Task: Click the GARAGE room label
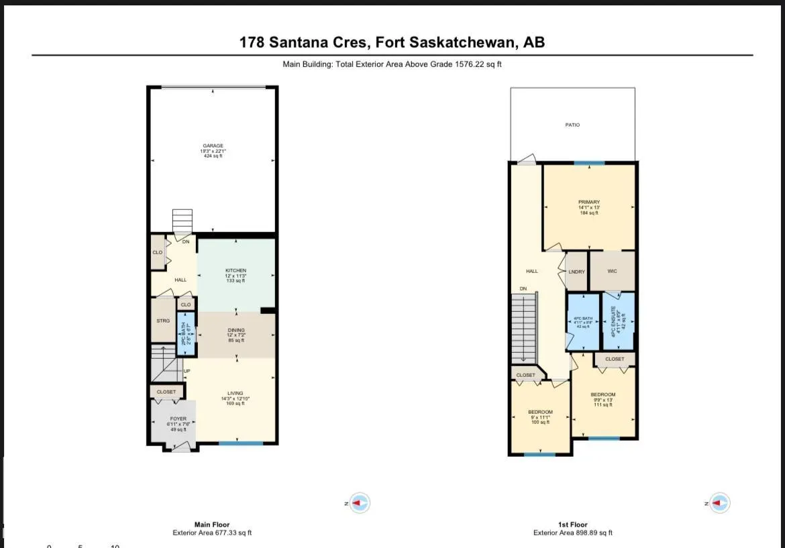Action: click(213, 146)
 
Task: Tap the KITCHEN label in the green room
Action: click(235, 271)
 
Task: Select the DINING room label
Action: click(235, 331)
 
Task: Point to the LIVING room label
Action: click(235, 394)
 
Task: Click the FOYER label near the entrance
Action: click(178, 419)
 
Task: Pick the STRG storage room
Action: click(162, 321)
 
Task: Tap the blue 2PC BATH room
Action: click(185, 334)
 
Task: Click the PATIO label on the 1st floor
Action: click(572, 125)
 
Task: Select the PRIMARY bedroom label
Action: click(588, 203)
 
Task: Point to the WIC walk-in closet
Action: click(611, 272)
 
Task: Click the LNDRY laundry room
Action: click(576, 272)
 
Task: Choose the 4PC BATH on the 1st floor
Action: click(582, 321)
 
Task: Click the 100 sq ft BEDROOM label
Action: click(540, 412)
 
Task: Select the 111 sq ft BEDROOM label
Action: click(603, 395)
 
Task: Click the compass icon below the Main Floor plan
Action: click(360, 502)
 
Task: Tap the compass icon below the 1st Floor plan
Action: click(720, 502)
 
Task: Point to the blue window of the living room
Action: click(241, 443)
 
